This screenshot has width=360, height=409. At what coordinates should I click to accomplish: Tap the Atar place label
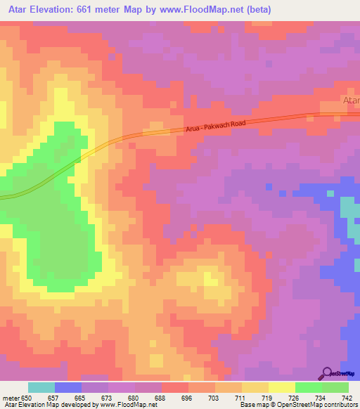351,101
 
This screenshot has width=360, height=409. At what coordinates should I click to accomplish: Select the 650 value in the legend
27,397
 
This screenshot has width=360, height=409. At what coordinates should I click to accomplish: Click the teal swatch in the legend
41,387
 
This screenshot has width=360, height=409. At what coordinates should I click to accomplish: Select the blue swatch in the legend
68,387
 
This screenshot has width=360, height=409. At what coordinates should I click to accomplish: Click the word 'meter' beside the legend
10,397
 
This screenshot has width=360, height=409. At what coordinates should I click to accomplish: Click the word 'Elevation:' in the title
64,10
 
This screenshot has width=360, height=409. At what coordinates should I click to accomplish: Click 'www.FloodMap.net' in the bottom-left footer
131,405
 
